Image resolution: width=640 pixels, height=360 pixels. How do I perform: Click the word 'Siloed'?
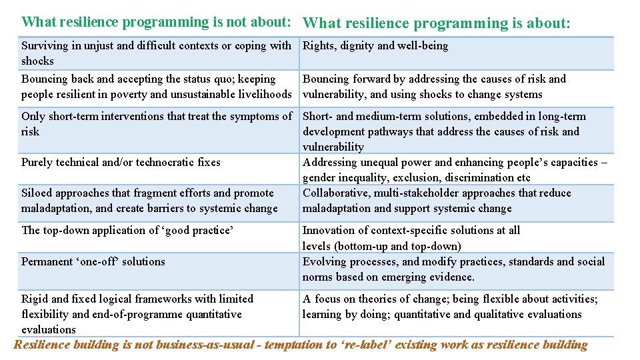[x=37, y=193]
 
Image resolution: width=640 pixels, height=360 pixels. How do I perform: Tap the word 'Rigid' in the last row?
[x=35, y=299]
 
